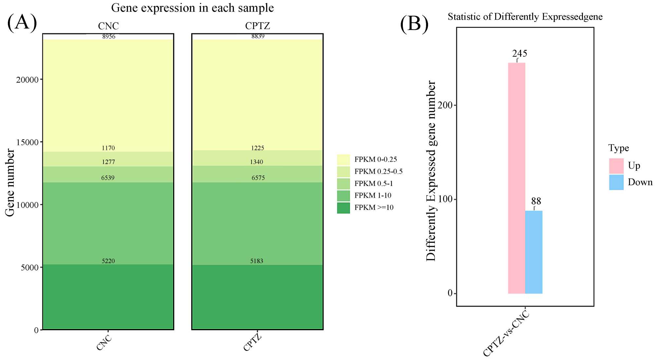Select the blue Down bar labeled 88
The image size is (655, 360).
pyautogui.click(x=533, y=252)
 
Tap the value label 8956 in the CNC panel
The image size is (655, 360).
pyautogui.click(x=109, y=37)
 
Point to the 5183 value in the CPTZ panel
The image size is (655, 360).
pyautogui.click(x=257, y=261)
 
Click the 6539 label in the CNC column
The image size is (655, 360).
pyautogui.click(x=108, y=178)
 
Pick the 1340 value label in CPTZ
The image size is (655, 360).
pyautogui.click(x=256, y=162)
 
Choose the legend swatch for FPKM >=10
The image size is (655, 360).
pyautogui.click(x=343, y=208)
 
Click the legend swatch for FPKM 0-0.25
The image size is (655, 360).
pyautogui.click(x=343, y=160)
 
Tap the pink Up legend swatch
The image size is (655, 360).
pyautogui.click(x=616, y=166)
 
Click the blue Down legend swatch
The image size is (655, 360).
pyautogui.click(x=616, y=182)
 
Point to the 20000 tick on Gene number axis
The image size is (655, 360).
pyautogui.click(x=27, y=80)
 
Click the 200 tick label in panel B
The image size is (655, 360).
pyautogui.click(x=445, y=105)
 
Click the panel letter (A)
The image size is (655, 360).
pyautogui.click(x=22, y=22)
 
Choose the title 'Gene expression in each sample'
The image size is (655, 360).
pyautogui.click(x=192, y=8)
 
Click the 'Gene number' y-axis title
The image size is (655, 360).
pyautogui.click(x=10, y=183)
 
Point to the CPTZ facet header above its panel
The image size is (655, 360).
pyautogui.click(x=257, y=26)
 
